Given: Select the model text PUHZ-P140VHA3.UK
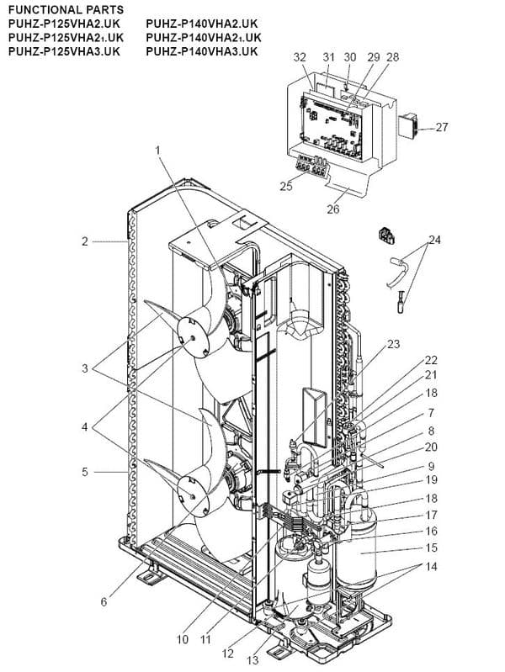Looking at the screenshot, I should click(203, 51).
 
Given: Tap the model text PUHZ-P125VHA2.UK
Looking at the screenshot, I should click(66, 24).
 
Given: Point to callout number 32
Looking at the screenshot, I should click(300, 56).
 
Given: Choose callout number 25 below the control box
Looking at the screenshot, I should click(286, 186).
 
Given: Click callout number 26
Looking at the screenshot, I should click(333, 209).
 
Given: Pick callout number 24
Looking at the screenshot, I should click(434, 240).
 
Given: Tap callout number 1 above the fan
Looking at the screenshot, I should click(157, 150).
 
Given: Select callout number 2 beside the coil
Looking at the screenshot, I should click(85, 242).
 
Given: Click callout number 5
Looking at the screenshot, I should click(85, 472).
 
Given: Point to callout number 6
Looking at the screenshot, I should click(104, 601).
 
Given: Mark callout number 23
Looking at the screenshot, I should click(394, 344).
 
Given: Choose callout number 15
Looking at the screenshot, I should click(432, 548).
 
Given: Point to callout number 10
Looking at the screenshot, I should click(183, 639).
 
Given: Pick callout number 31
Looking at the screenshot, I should click(329, 56).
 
